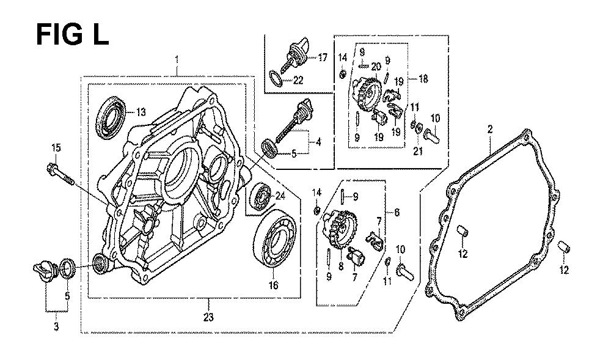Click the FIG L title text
point(72,34)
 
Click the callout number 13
point(141,112)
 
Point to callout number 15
point(56,147)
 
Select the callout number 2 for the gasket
point(489,129)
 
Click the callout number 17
point(322,57)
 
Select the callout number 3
point(56,327)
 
